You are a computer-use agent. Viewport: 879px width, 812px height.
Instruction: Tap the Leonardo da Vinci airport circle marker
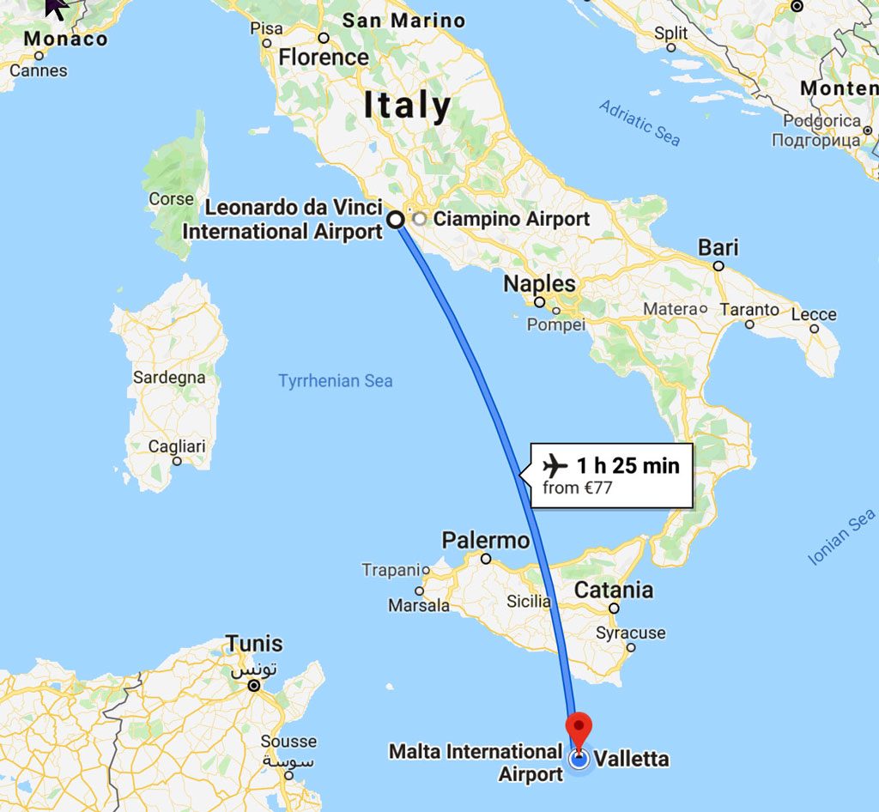pyautogui.click(x=397, y=220)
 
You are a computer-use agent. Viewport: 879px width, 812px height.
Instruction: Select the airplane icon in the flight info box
pyautogui.click(x=555, y=466)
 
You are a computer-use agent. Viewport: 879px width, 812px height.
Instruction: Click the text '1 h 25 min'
pyautogui.click(x=627, y=466)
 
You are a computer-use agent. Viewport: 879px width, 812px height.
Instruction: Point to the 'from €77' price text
pyautogui.click(x=577, y=489)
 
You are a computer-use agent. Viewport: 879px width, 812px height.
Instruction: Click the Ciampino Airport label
pyautogui.click(x=511, y=219)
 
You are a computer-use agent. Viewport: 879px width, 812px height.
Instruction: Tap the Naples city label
pyautogui.click(x=539, y=283)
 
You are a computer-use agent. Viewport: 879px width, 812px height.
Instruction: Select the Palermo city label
pyautogui.click(x=485, y=541)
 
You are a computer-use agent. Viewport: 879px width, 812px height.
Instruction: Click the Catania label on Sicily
pyautogui.click(x=613, y=590)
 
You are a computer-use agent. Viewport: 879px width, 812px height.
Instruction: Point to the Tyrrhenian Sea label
pyautogui.click(x=335, y=380)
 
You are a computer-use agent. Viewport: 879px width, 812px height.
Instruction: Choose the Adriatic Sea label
pyautogui.click(x=640, y=123)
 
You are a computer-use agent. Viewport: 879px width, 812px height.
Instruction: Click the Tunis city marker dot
pyautogui.click(x=254, y=686)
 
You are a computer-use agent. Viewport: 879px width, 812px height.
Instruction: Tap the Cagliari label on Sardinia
pyautogui.click(x=177, y=446)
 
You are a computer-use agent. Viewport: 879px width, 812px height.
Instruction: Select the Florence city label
pyautogui.click(x=324, y=58)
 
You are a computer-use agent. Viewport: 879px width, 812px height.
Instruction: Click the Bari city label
pyautogui.click(x=718, y=248)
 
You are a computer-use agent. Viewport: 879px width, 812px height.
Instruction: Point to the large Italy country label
pyautogui.click(x=407, y=106)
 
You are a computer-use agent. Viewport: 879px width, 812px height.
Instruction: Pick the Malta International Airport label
pyautogui.click(x=476, y=762)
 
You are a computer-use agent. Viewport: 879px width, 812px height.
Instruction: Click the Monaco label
pyautogui.click(x=65, y=39)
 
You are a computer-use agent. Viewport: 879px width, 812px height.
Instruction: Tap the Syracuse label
pyautogui.click(x=631, y=633)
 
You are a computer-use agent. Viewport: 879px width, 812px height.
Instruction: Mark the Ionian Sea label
pyautogui.click(x=841, y=536)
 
